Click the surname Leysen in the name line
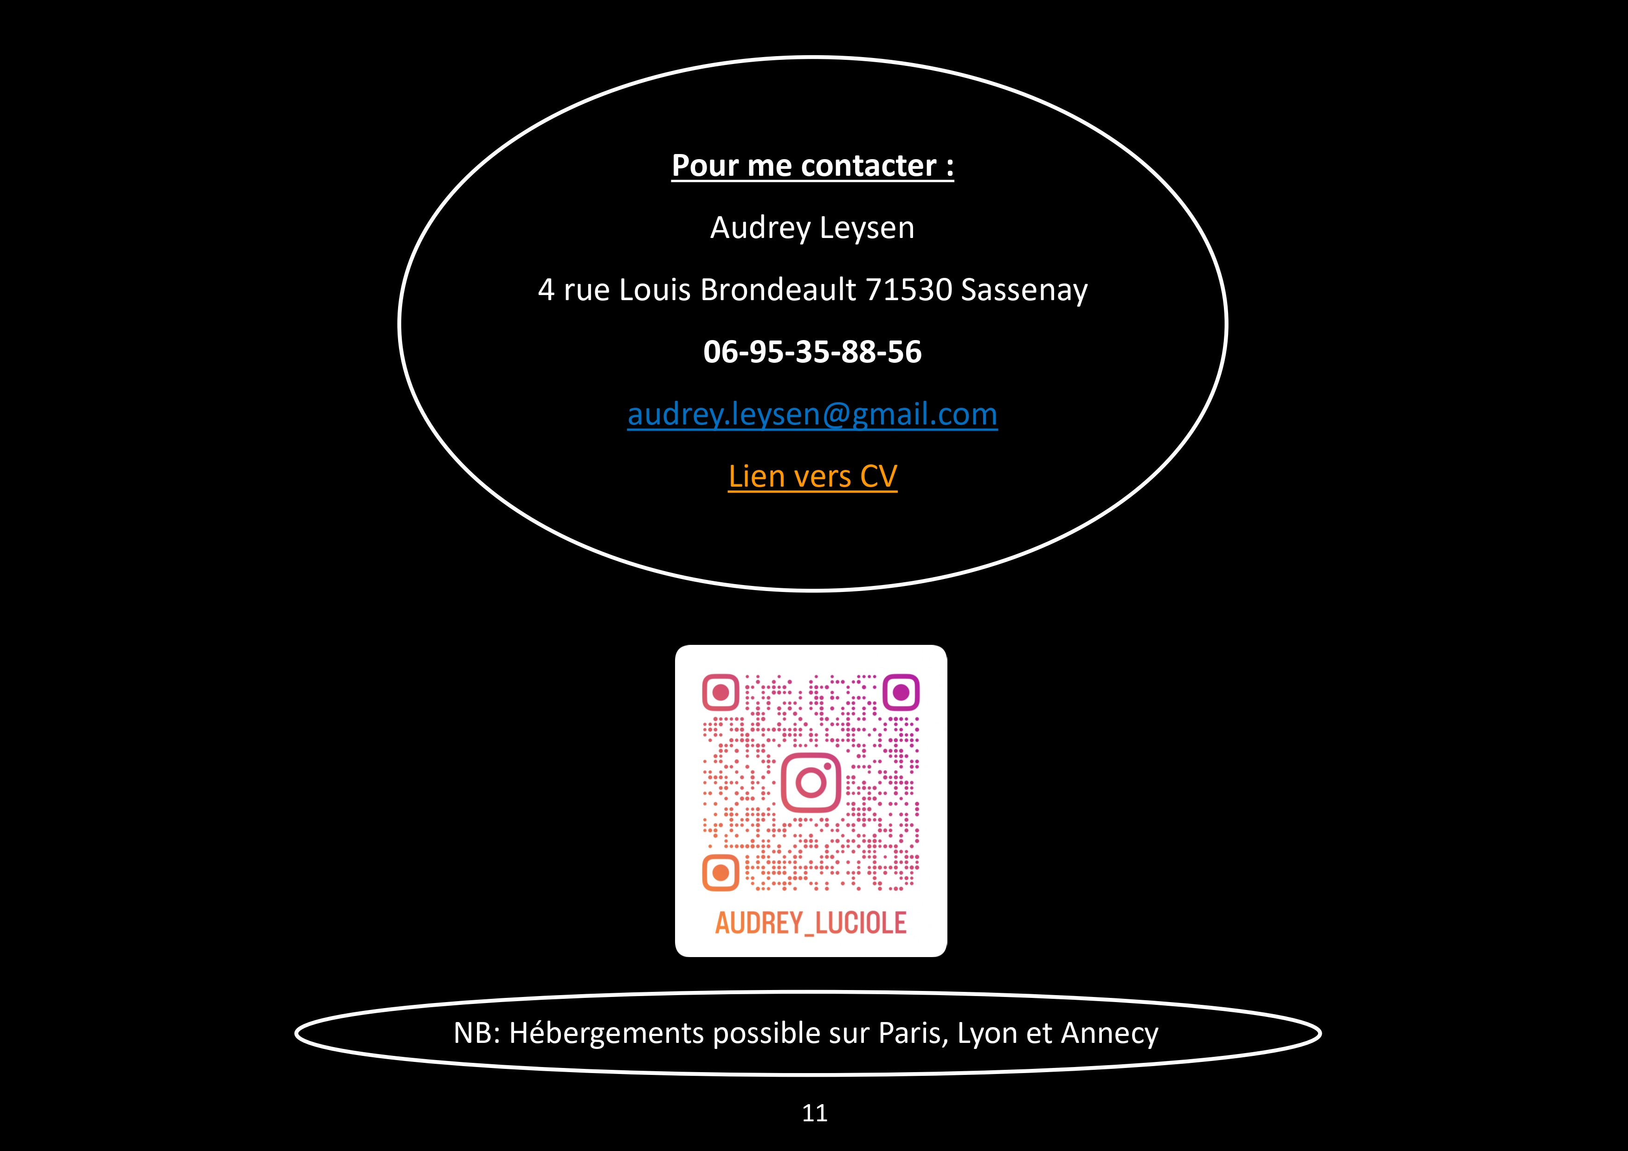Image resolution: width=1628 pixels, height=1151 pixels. [x=867, y=228]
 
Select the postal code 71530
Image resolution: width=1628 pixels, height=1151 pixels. [x=908, y=290]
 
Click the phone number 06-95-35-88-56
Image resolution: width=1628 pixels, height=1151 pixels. [x=812, y=352]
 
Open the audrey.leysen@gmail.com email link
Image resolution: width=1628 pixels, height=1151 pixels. [x=812, y=415]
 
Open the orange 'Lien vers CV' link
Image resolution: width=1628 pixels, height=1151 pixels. [x=812, y=476]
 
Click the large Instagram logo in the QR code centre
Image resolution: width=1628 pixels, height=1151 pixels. [x=811, y=782]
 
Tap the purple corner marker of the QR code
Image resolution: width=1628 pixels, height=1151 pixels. [x=901, y=692]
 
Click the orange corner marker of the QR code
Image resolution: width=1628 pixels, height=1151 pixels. [x=721, y=872]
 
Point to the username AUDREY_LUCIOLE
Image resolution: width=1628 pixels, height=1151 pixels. [x=811, y=923]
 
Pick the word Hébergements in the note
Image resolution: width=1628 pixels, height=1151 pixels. [x=607, y=1033]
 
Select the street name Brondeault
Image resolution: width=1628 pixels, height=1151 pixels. [x=779, y=290]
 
